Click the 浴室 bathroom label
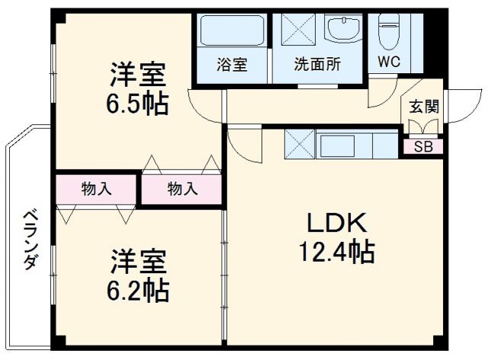click(x=232, y=65)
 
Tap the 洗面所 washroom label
click(x=316, y=65)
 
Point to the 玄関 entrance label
click(x=423, y=106)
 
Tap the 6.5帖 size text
click(x=137, y=104)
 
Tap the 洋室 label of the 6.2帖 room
click(x=137, y=262)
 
